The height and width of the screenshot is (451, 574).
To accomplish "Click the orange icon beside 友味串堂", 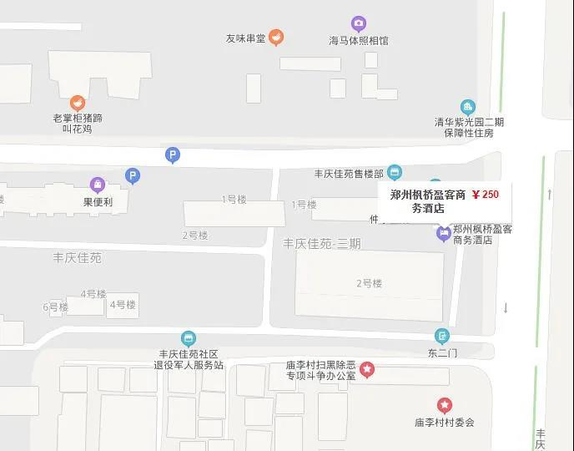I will [276, 37].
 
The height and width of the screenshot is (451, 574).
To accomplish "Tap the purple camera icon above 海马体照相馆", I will [359, 23].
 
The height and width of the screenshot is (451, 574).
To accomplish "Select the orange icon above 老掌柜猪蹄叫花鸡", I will [78, 103].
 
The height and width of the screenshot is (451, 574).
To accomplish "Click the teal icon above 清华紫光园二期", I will [468, 107].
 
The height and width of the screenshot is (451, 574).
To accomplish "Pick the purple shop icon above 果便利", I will [98, 184].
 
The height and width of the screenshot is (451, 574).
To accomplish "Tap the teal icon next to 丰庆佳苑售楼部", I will [395, 173].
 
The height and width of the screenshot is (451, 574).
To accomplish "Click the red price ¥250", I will [486, 195].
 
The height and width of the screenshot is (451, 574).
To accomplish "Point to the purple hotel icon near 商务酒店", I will [444, 233].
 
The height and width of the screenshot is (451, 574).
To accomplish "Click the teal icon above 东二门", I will [442, 337].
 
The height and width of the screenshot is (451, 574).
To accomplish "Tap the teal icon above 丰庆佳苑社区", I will [189, 338].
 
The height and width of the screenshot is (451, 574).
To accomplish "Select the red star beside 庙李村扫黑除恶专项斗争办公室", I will [366, 368].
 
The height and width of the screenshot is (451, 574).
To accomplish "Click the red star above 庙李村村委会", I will [445, 406].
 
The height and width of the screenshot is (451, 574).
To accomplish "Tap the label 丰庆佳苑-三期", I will [322, 244].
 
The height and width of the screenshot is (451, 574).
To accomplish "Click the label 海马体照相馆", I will [359, 40].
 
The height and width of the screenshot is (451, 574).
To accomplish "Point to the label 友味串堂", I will [244, 38].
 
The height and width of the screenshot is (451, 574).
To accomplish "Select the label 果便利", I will [98, 201].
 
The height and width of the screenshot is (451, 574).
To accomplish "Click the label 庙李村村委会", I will [445, 423].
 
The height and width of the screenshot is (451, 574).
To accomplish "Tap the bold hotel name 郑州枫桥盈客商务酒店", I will [428, 201].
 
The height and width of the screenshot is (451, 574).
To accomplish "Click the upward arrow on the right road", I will [550, 194].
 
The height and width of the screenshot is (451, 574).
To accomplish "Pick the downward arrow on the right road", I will [506, 307].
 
